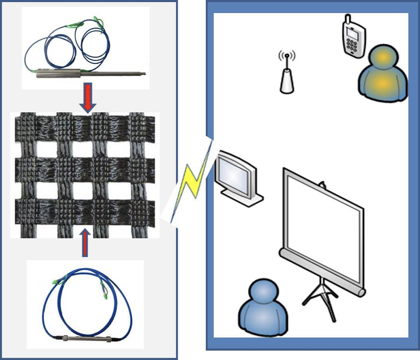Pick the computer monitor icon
(x=236, y=176)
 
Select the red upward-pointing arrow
(x=84, y=245)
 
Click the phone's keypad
(x=355, y=46)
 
